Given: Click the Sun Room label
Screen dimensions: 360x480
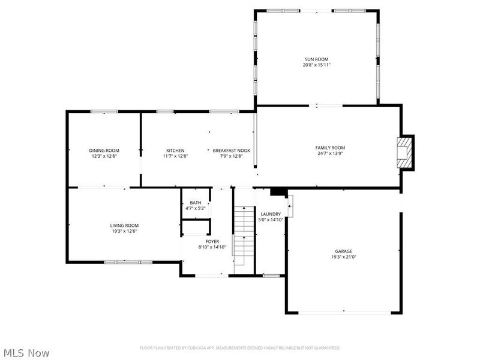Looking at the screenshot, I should (x=316, y=59).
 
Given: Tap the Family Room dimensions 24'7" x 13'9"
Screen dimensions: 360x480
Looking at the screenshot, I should (x=330, y=153).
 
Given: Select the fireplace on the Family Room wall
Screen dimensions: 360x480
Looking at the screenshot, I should (x=407, y=152).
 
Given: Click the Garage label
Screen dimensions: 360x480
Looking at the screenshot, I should (x=343, y=251).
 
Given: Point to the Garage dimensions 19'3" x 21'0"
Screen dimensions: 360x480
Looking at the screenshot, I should (x=343, y=257).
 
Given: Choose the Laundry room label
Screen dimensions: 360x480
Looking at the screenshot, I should (x=271, y=214).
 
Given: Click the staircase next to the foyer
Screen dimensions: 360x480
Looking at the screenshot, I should (x=242, y=234).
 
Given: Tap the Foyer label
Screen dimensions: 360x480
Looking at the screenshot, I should (x=212, y=241).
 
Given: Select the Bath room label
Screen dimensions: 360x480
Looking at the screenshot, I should (x=196, y=203).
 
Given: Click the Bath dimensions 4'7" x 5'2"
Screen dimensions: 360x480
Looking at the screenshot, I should (x=196, y=209).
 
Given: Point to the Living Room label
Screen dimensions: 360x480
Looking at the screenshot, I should (x=124, y=225).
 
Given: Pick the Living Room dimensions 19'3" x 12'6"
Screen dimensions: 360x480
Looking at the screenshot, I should (x=124, y=231).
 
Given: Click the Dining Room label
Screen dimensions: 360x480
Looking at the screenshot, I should (x=104, y=150).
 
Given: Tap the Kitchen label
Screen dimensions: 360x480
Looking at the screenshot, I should (x=175, y=150).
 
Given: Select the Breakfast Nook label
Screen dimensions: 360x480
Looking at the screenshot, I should (x=231, y=150).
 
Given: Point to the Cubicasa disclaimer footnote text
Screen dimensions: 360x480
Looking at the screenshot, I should (x=240, y=347).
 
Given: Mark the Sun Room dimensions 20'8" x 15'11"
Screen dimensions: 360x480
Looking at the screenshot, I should (x=316, y=65).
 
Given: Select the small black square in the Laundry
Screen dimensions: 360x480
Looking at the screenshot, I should (x=277, y=191).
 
